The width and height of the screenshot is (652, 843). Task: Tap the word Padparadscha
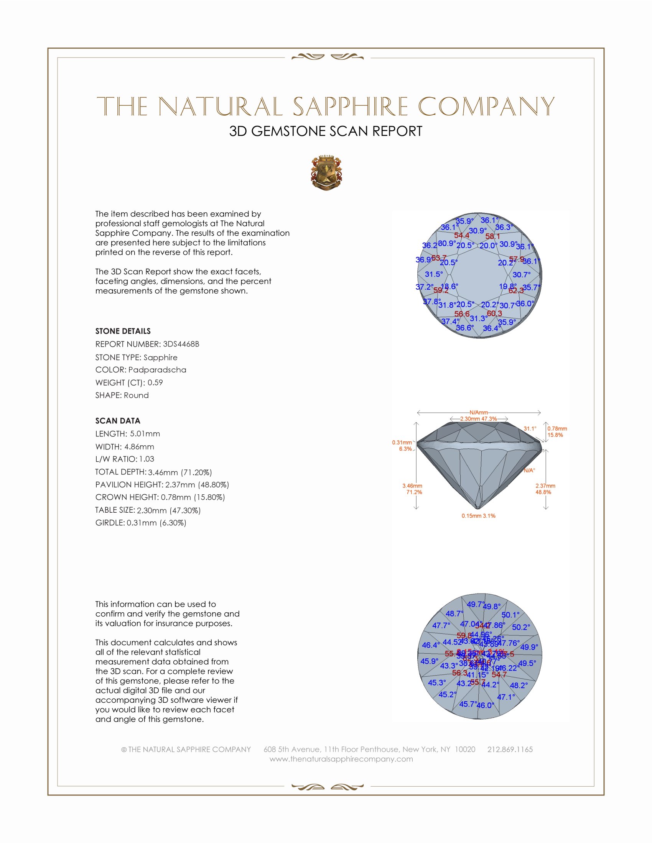pyautogui.click(x=157, y=370)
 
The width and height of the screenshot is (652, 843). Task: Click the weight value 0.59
pyautogui.click(x=155, y=382)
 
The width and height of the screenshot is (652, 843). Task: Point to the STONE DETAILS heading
pyautogui.click(x=123, y=331)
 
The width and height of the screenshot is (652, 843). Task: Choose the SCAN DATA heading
pyautogui.click(x=118, y=421)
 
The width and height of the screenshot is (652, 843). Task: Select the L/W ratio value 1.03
pyautogui.click(x=147, y=459)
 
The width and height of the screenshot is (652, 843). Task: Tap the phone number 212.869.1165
pyautogui.click(x=510, y=749)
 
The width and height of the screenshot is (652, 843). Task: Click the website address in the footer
pyautogui.click(x=341, y=759)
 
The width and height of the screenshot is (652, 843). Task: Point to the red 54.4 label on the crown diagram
pyautogui.click(x=461, y=235)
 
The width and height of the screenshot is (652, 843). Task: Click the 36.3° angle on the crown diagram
pyautogui.click(x=504, y=227)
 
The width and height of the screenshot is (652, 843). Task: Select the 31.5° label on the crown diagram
pyautogui.click(x=434, y=274)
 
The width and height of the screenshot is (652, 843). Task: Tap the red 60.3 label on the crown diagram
pyautogui.click(x=494, y=313)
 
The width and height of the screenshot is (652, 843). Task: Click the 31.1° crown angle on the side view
pyautogui.click(x=530, y=428)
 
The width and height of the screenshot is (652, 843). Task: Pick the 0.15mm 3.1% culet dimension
pyautogui.click(x=478, y=516)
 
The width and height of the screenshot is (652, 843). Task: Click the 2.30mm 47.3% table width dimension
pyautogui.click(x=478, y=419)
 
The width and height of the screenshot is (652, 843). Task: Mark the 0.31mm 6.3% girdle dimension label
pyautogui.click(x=402, y=445)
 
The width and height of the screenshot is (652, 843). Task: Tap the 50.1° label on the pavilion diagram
pyautogui.click(x=510, y=615)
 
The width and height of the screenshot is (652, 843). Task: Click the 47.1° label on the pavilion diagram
pyautogui.click(x=506, y=697)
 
